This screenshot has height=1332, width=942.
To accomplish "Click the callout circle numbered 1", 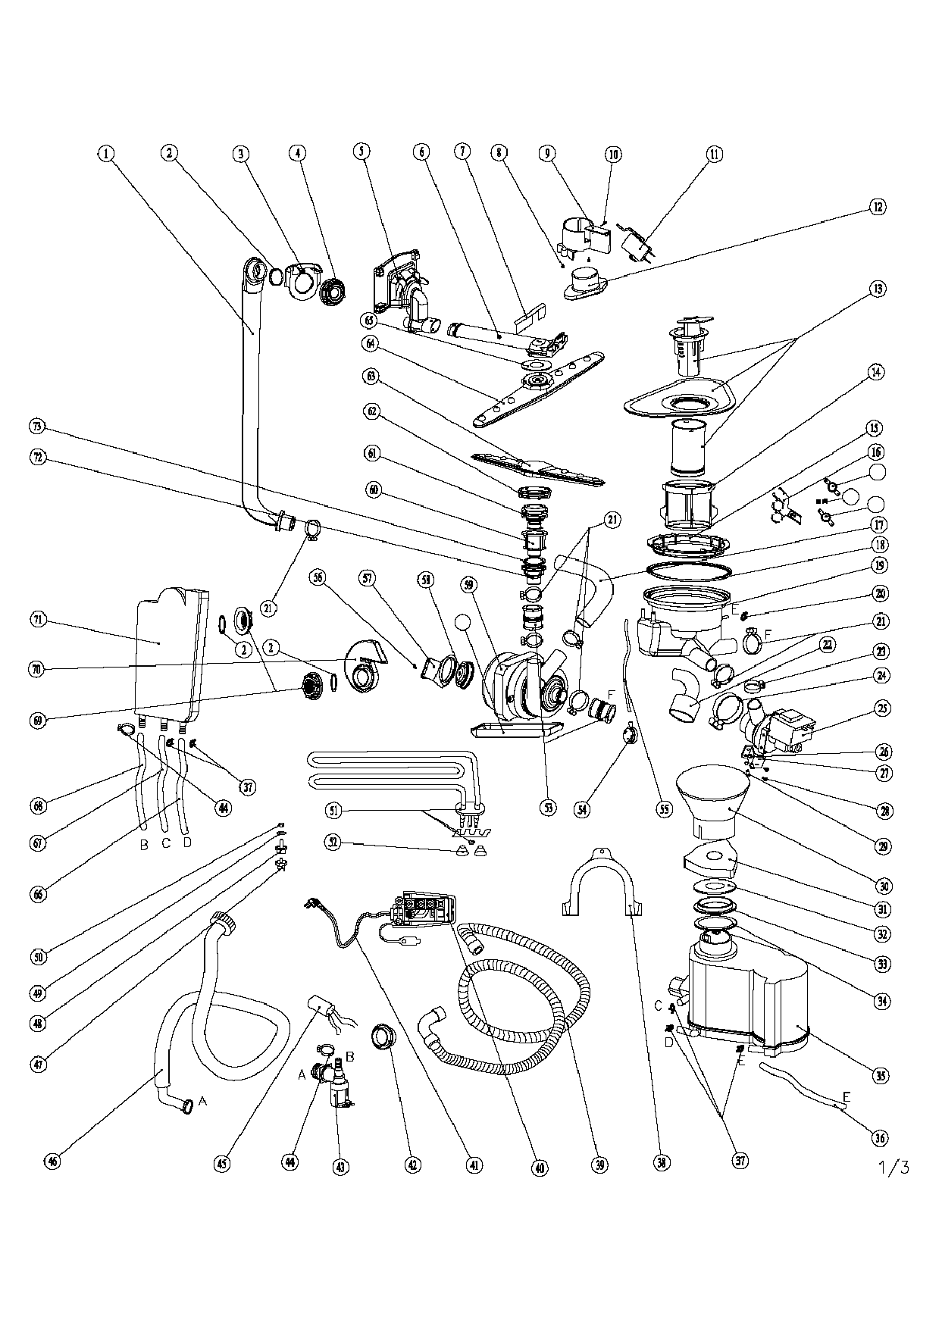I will click(x=106, y=154).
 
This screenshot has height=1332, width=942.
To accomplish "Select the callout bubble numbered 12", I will click(x=878, y=207).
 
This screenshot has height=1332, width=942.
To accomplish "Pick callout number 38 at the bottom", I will click(x=663, y=1163).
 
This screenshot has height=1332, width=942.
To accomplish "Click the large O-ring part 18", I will click(x=688, y=568).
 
